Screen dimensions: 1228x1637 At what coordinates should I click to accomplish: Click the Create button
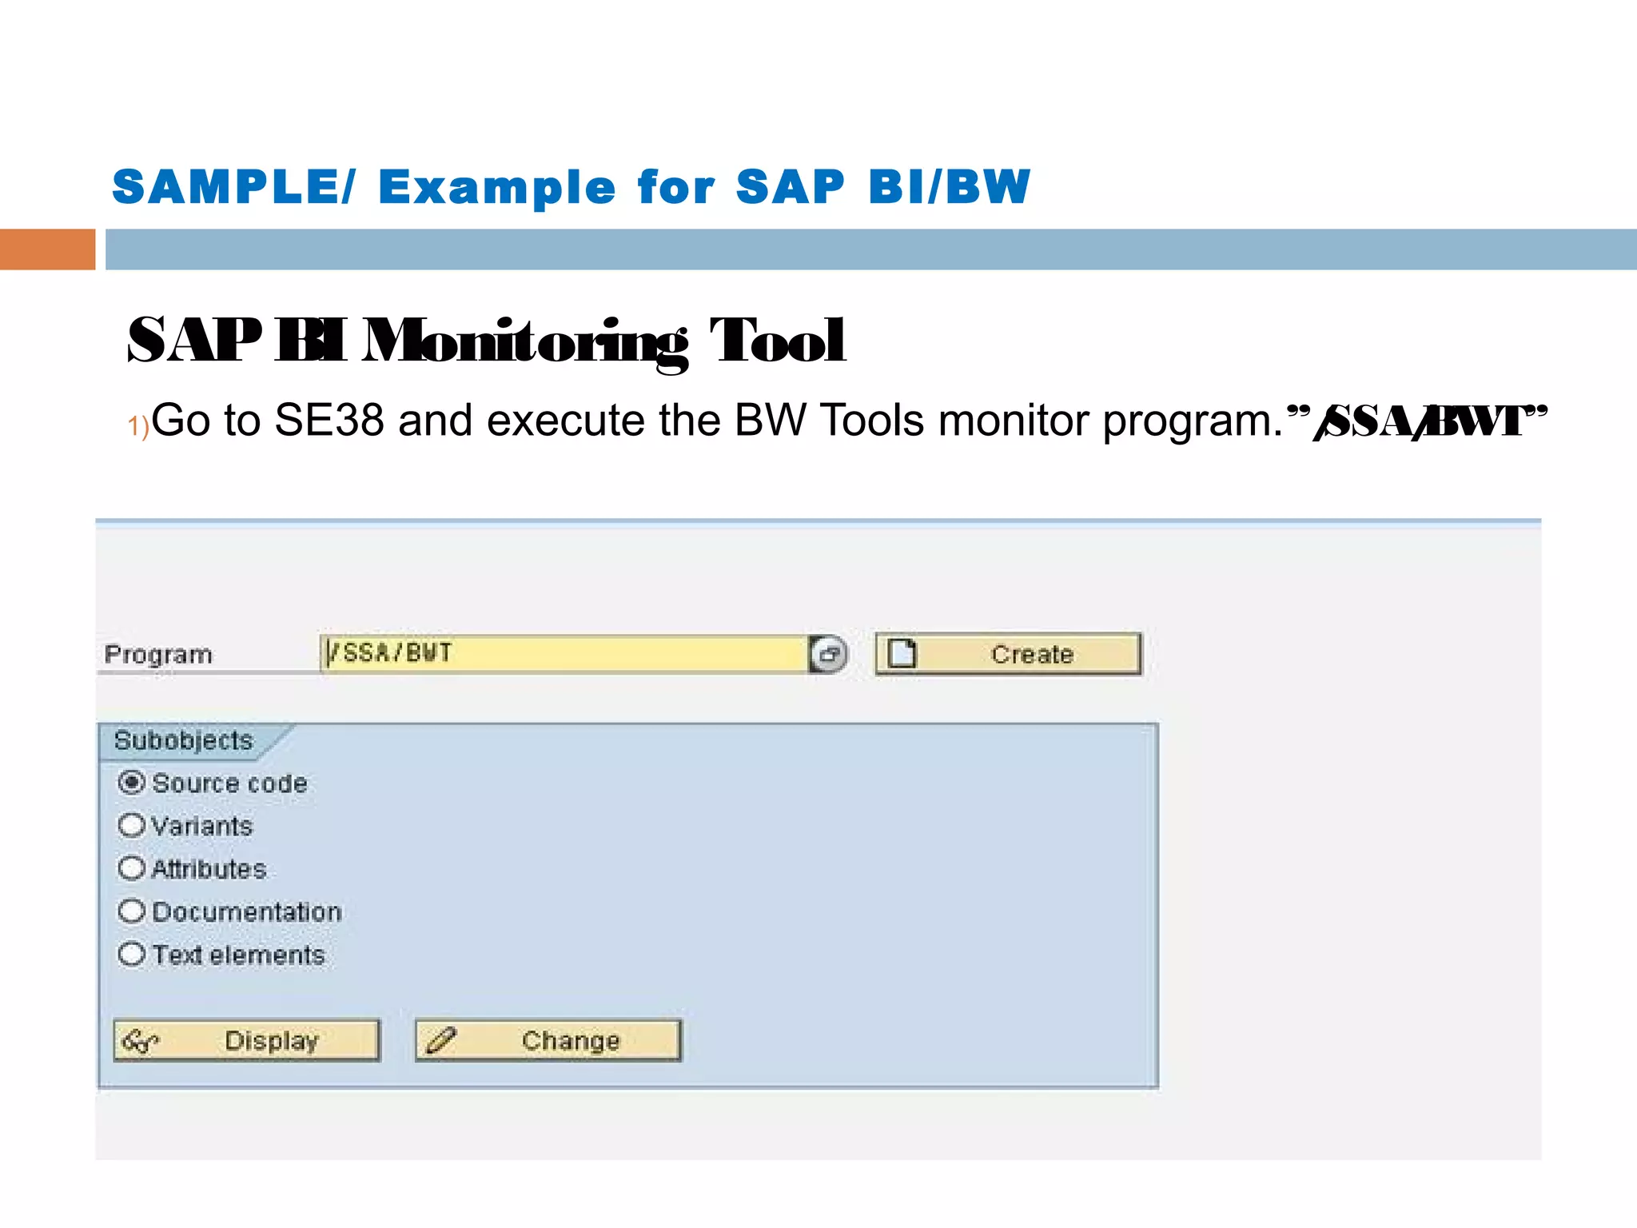1009,654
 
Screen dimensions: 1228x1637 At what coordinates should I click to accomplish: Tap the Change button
548,1040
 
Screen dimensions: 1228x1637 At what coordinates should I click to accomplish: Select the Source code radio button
131,782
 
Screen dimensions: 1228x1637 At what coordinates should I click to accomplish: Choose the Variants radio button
131,825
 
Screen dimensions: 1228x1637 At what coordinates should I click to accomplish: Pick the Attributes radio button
131,868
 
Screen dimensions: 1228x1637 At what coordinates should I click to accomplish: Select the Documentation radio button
131,911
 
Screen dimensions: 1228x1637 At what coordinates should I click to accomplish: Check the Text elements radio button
131,955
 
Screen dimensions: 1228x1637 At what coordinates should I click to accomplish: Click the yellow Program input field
564,654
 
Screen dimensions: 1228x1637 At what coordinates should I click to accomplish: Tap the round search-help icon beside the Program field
829,654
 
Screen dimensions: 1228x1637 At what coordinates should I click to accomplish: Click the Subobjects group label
183,740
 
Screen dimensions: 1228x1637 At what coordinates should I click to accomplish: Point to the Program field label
158,655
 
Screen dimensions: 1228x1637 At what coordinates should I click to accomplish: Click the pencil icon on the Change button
441,1040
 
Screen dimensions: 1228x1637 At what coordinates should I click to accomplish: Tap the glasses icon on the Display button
140,1041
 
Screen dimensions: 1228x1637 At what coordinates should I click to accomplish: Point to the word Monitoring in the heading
524,342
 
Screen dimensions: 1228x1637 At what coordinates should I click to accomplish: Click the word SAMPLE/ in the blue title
233,187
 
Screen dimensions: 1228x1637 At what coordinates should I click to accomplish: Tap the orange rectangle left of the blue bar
47,249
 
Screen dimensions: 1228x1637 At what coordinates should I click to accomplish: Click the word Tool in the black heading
777,342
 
